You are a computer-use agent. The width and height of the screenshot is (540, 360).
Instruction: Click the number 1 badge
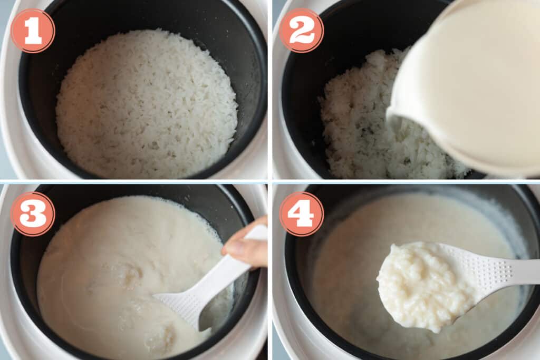(33, 31)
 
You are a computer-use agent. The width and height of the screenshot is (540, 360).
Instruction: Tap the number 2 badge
(301, 31)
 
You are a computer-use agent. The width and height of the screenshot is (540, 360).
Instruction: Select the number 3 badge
(33, 213)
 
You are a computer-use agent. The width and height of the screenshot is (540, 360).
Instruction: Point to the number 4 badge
(301, 213)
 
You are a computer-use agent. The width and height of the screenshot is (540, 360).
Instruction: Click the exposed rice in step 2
(359, 121)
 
